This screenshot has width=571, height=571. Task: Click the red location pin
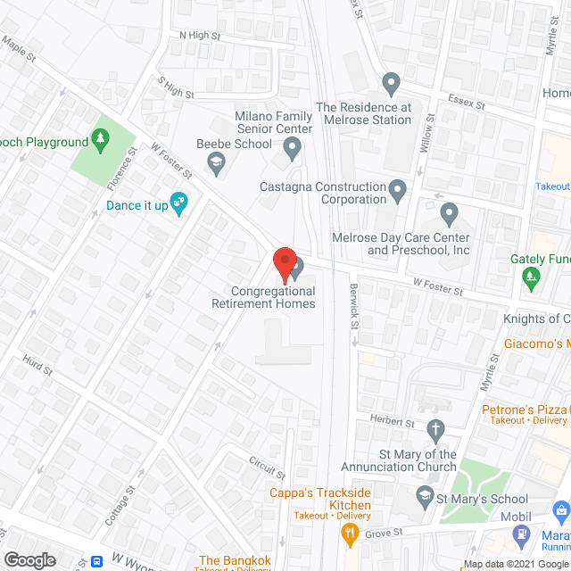click(284, 264)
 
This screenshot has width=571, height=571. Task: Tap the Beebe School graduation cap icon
click(215, 162)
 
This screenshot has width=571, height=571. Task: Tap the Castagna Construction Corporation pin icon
click(398, 188)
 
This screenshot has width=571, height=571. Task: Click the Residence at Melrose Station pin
click(390, 86)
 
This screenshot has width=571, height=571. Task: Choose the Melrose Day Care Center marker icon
click(449, 214)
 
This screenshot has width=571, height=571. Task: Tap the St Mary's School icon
click(426, 494)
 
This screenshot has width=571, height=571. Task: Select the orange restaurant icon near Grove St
click(350, 534)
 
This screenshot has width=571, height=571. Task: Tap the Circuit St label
click(267, 466)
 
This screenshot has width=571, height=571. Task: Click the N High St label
click(199, 36)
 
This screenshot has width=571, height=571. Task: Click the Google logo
click(29, 559)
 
